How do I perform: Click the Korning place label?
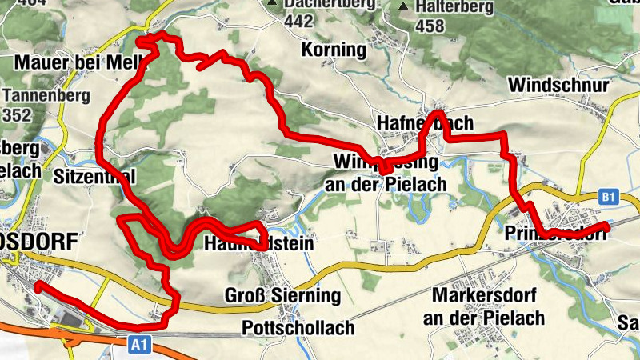tap(334, 50)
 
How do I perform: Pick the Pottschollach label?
tap(298, 329)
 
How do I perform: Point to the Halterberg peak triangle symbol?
tap(404, 7)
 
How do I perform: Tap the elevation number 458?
tap(430, 26)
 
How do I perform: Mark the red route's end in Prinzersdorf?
tap(607, 228)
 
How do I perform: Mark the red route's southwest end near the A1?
tap(37, 285)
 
